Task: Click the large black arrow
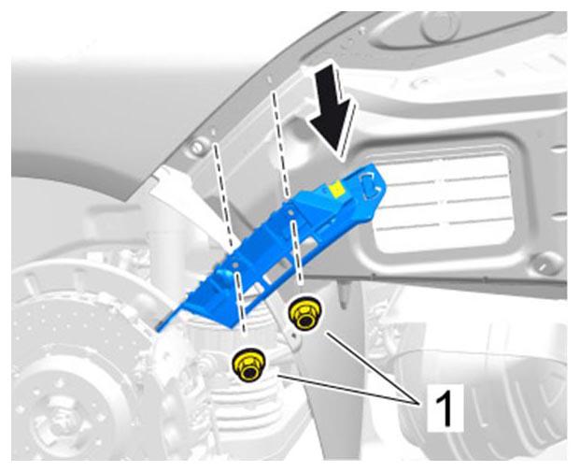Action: pyautogui.click(x=332, y=111)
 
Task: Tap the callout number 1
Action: pyautogui.click(x=445, y=408)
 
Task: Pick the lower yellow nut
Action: pyautogui.click(x=248, y=365)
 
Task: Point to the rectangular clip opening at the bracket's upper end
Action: pyautogui.click(x=370, y=184)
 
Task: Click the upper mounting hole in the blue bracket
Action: pyautogui.click(x=290, y=213)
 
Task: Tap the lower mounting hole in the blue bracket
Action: pyautogui.click(x=234, y=265)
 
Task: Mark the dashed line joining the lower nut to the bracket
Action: pyautogui.click(x=239, y=301)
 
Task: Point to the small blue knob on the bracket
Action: pyautogui.click(x=223, y=275)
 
